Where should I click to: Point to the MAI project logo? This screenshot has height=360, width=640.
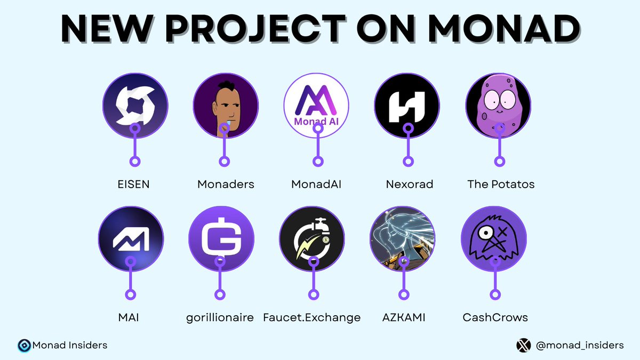131,238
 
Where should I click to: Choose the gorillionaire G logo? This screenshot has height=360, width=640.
221,238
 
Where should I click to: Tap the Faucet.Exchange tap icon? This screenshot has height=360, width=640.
312,238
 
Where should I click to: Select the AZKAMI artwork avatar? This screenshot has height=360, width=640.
403,238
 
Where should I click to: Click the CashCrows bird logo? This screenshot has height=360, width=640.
494,238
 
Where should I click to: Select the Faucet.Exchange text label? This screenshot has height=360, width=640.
312,318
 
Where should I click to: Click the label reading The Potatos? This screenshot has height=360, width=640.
501,185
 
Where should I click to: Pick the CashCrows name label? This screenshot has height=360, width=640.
495,318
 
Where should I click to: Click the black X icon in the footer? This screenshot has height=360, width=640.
524,346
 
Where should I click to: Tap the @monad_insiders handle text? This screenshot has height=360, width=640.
579,346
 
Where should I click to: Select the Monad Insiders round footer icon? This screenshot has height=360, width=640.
24,346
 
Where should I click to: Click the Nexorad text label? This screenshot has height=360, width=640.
410,185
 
